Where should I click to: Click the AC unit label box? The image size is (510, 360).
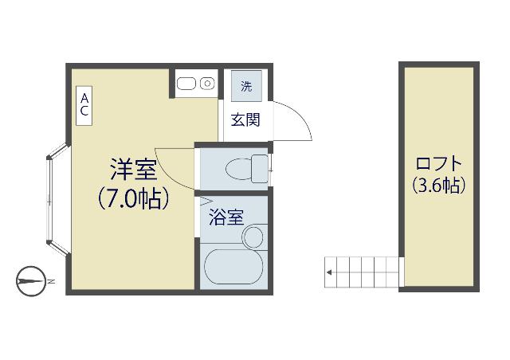coord(84,104)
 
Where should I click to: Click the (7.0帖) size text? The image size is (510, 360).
coord(133,198)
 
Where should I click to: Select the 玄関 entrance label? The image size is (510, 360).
coord(245,120)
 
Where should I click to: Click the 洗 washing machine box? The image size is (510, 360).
coord(246,86)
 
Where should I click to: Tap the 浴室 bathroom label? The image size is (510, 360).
coord(226,217)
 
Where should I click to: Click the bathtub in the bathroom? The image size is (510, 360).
coord(232,268)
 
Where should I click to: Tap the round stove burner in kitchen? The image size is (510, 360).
coord(207,82)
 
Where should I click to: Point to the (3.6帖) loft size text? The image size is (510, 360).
coord(438,186)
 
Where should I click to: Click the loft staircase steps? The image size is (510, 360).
coord(363,271)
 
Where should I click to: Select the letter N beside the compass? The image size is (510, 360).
coord(50,281)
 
